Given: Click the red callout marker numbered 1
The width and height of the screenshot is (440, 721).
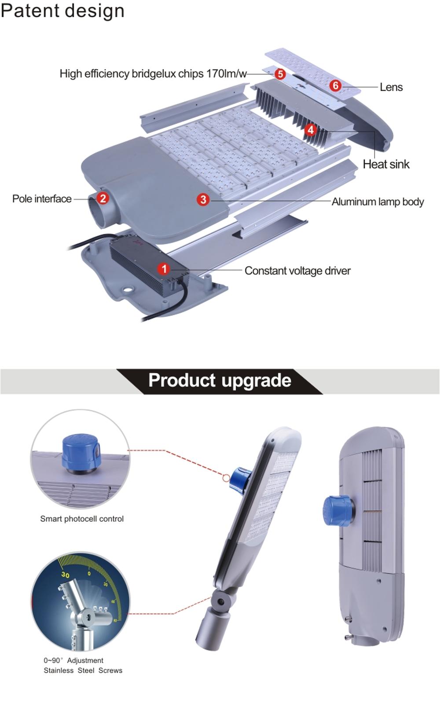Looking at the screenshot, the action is [x=164, y=269].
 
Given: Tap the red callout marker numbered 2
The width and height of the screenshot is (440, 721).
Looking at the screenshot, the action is [x=103, y=198].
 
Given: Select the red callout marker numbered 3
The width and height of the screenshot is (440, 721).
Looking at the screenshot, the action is [x=203, y=200].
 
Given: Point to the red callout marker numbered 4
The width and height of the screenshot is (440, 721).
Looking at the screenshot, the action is [x=311, y=130].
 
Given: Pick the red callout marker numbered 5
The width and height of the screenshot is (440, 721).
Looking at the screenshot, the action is [x=280, y=74].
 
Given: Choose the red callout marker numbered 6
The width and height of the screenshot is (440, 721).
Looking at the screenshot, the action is [x=335, y=86].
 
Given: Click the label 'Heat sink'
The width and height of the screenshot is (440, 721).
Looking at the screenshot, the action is [x=386, y=164].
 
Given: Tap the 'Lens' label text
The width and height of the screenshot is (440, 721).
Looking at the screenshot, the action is [x=391, y=87].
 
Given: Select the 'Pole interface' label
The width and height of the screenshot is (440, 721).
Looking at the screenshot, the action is [x=42, y=199].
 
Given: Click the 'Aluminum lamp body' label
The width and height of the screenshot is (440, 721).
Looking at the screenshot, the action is [x=378, y=202].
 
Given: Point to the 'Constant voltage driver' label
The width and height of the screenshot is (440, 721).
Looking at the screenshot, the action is [x=297, y=271].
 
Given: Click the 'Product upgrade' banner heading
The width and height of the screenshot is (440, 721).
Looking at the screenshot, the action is [x=220, y=381].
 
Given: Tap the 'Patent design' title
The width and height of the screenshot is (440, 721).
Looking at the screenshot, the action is [x=62, y=11].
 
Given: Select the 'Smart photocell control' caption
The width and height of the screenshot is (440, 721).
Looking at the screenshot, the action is [x=82, y=519].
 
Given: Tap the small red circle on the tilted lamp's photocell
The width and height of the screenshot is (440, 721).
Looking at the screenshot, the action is [x=226, y=478].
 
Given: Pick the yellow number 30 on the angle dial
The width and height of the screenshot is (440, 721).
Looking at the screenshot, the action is [x=66, y=575].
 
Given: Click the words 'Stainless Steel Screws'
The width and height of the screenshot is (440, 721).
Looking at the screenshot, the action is [x=83, y=670].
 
